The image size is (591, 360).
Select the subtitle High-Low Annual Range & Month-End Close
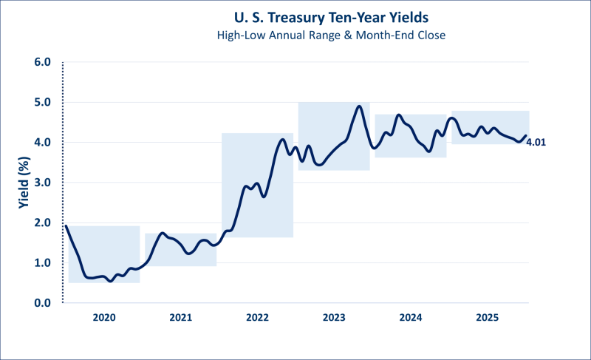[295, 35]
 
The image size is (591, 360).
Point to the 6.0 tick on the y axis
[41, 62]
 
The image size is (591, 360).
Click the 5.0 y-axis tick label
[41, 102]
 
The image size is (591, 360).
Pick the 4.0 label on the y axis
[41, 142]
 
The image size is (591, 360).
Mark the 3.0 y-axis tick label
[41, 183]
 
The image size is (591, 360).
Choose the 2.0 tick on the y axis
[41, 223]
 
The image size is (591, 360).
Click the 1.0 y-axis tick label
[41, 263]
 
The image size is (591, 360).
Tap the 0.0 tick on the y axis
[41, 303]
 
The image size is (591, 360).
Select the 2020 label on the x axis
[103, 318]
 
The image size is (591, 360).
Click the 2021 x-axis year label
[180, 318]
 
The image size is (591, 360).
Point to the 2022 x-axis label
[257, 318]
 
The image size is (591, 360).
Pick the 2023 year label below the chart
[334, 318]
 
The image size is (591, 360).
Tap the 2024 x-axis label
[411, 318]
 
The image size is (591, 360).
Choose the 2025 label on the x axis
[488, 318]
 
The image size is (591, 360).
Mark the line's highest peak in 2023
[359, 106]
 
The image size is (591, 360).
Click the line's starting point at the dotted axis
[65, 225]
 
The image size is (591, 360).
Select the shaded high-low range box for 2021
[181, 249]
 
